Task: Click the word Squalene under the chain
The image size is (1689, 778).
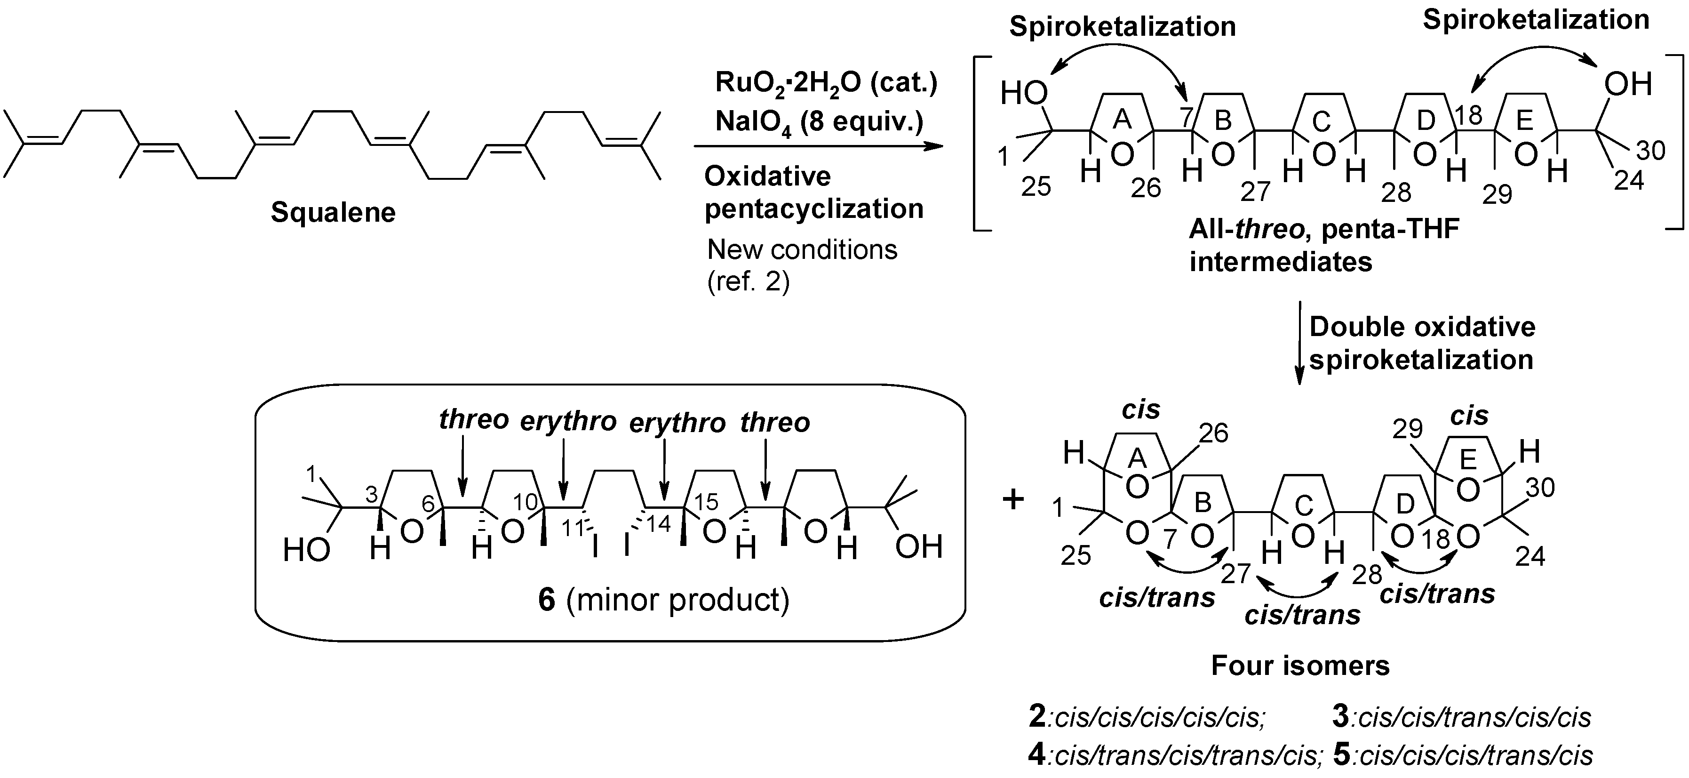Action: point(333,213)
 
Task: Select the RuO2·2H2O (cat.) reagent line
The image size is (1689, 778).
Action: point(826,84)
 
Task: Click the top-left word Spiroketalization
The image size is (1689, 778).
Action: point(1122,27)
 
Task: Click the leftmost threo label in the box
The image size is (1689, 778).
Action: point(473,420)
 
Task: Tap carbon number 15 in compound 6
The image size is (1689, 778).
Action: point(706,502)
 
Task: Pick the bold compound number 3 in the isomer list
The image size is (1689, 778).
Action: point(1341,717)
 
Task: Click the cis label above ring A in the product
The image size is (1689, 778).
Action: point(1141,409)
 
